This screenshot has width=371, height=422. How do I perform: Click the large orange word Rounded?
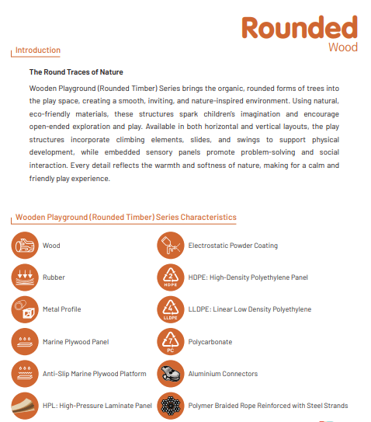coord(300,27)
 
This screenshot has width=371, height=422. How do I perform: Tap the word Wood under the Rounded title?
coord(342,47)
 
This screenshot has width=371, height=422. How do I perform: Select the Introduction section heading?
coord(37,51)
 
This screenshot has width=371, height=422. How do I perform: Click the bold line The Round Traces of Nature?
coord(76,71)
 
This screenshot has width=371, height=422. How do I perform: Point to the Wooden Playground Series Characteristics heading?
coord(126,218)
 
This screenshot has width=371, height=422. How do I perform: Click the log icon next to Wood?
coord(25,246)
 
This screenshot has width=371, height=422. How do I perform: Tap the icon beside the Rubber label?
coord(25,277)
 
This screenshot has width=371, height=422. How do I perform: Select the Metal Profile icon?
coord(25,309)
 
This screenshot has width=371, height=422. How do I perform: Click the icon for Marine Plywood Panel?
coord(25,341)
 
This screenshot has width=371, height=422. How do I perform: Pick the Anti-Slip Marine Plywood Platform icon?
coord(25,374)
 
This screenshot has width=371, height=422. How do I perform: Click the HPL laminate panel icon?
coord(25,406)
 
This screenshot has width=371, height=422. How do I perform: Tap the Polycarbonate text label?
coord(210,342)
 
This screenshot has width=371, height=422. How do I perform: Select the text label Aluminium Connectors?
coord(223,374)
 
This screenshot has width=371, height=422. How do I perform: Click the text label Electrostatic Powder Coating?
coord(233,246)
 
